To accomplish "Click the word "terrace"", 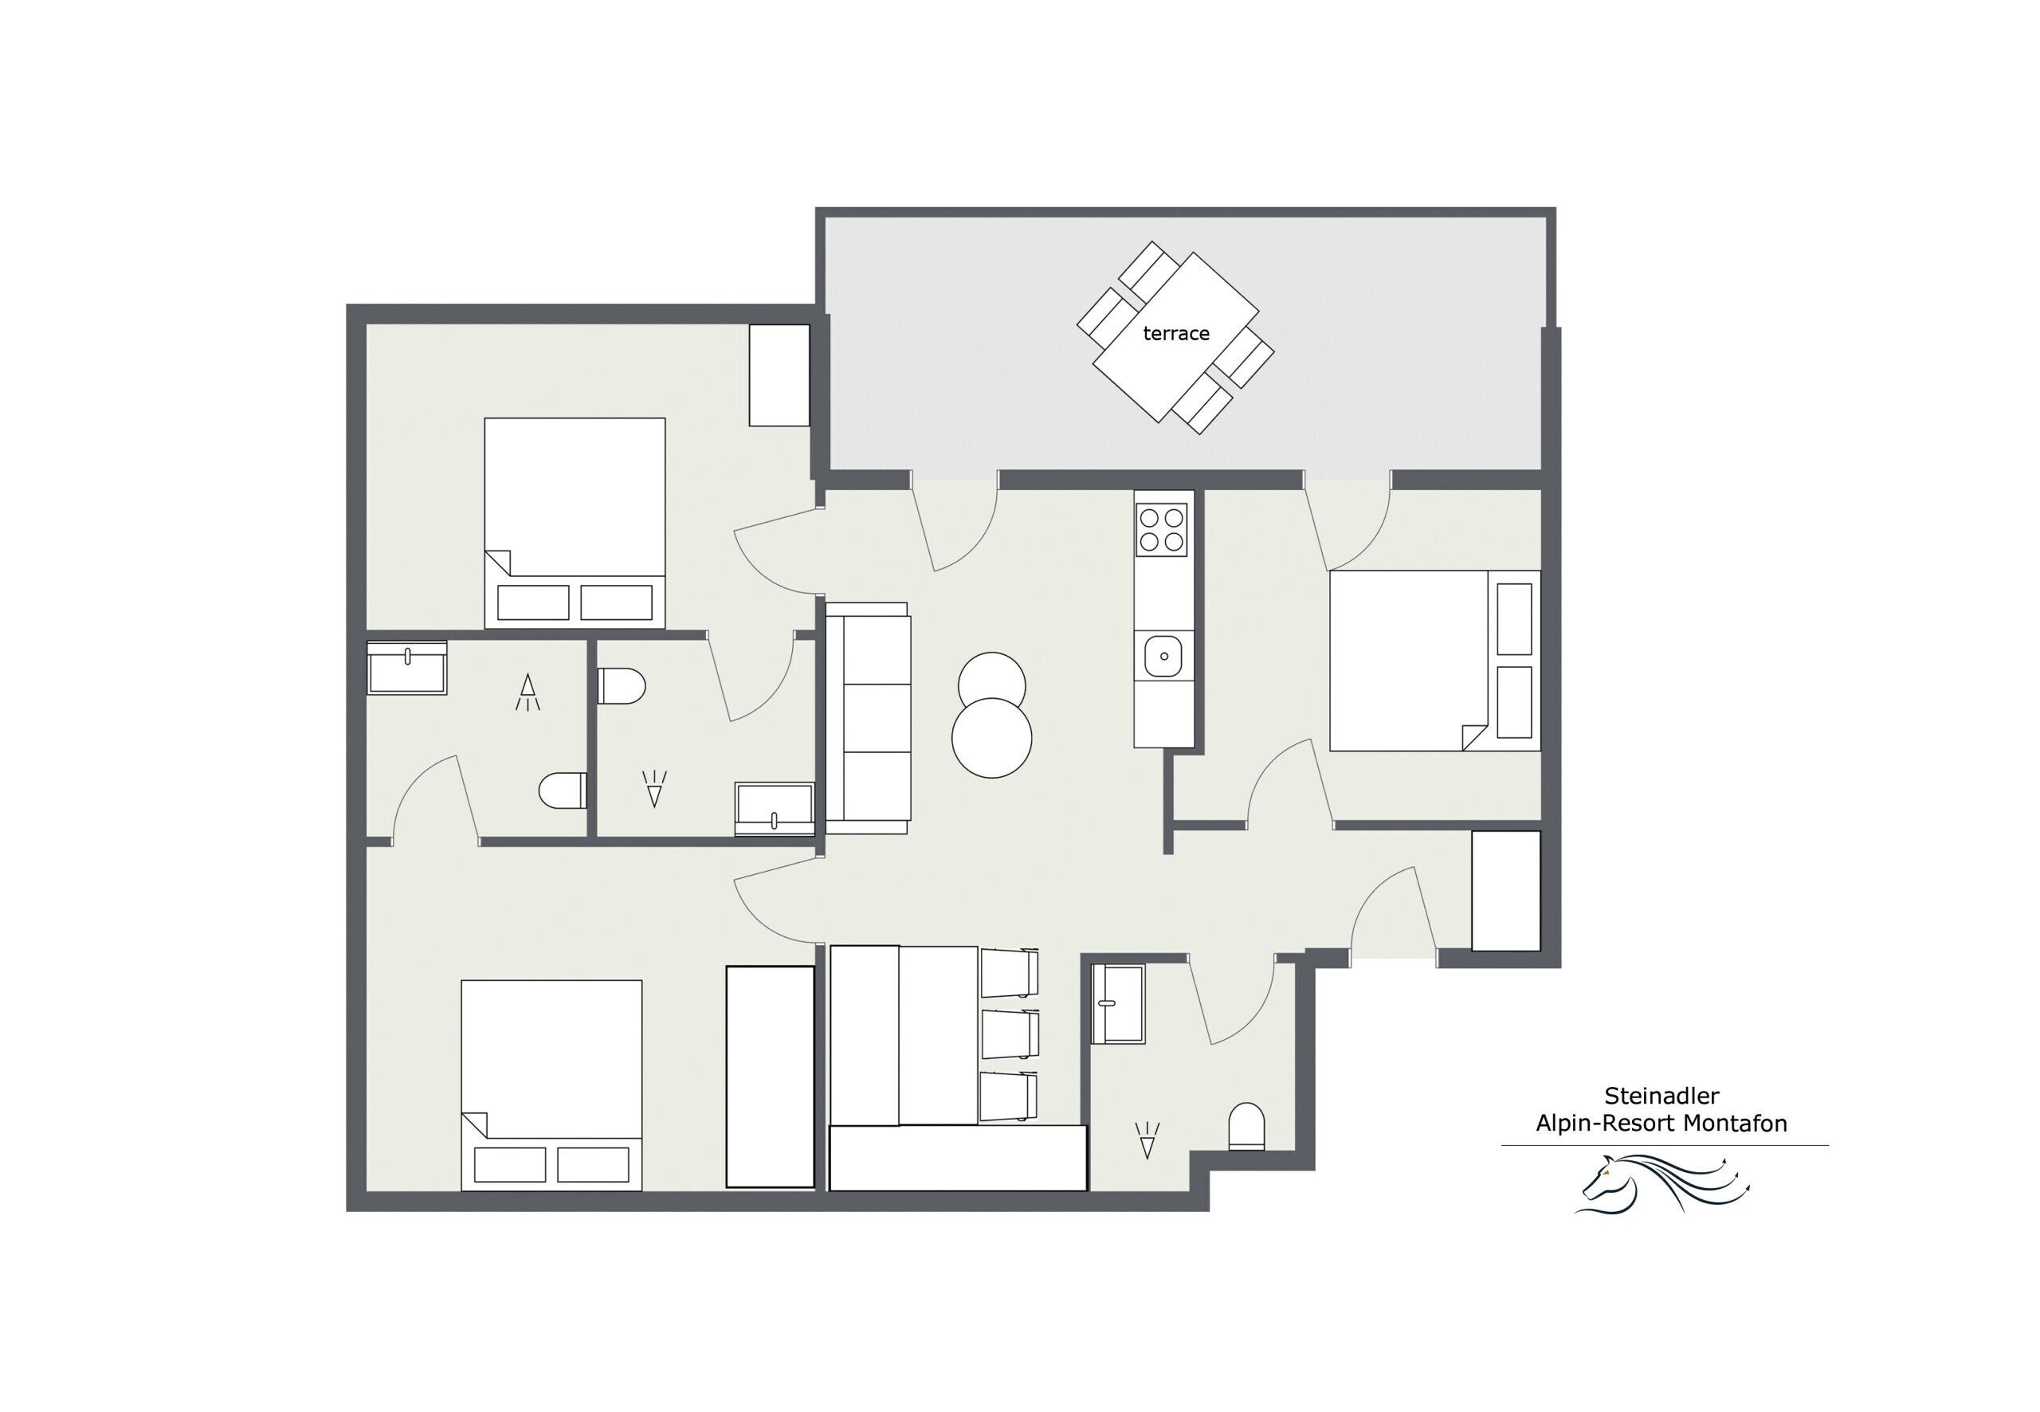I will (x=1175, y=334).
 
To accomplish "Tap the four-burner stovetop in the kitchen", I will (x=1162, y=529).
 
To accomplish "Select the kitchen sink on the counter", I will (x=1163, y=657).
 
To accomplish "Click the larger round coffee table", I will (x=991, y=739).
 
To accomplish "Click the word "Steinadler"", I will (x=1661, y=1096).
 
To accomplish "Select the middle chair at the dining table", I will (x=1009, y=1034).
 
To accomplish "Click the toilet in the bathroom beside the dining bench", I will (x=1246, y=1126).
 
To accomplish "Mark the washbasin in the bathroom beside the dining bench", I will (x=1118, y=1004).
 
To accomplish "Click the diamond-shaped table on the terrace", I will (x=1175, y=336).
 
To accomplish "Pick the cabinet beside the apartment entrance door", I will (x=1505, y=891).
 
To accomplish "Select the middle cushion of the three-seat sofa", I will (x=876, y=717).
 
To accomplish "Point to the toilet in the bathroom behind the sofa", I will (x=621, y=685).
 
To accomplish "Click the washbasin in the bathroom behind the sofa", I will (x=774, y=809).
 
